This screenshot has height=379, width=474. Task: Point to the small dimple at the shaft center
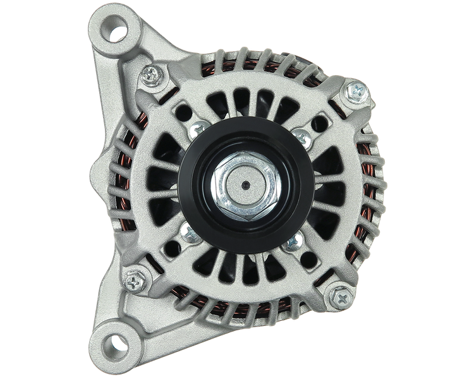(243, 186)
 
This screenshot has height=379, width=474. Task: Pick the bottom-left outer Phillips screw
(135, 277)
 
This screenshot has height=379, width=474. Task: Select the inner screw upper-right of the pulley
(301, 136)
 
